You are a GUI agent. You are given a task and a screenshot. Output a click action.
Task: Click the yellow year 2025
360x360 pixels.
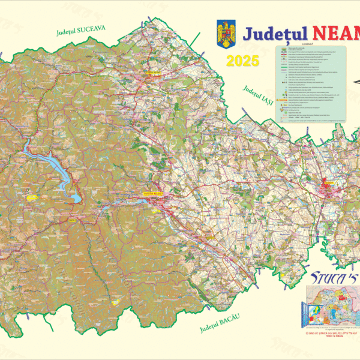[242, 60]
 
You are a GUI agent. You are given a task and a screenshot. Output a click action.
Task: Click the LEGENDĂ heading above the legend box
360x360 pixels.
[308, 44]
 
